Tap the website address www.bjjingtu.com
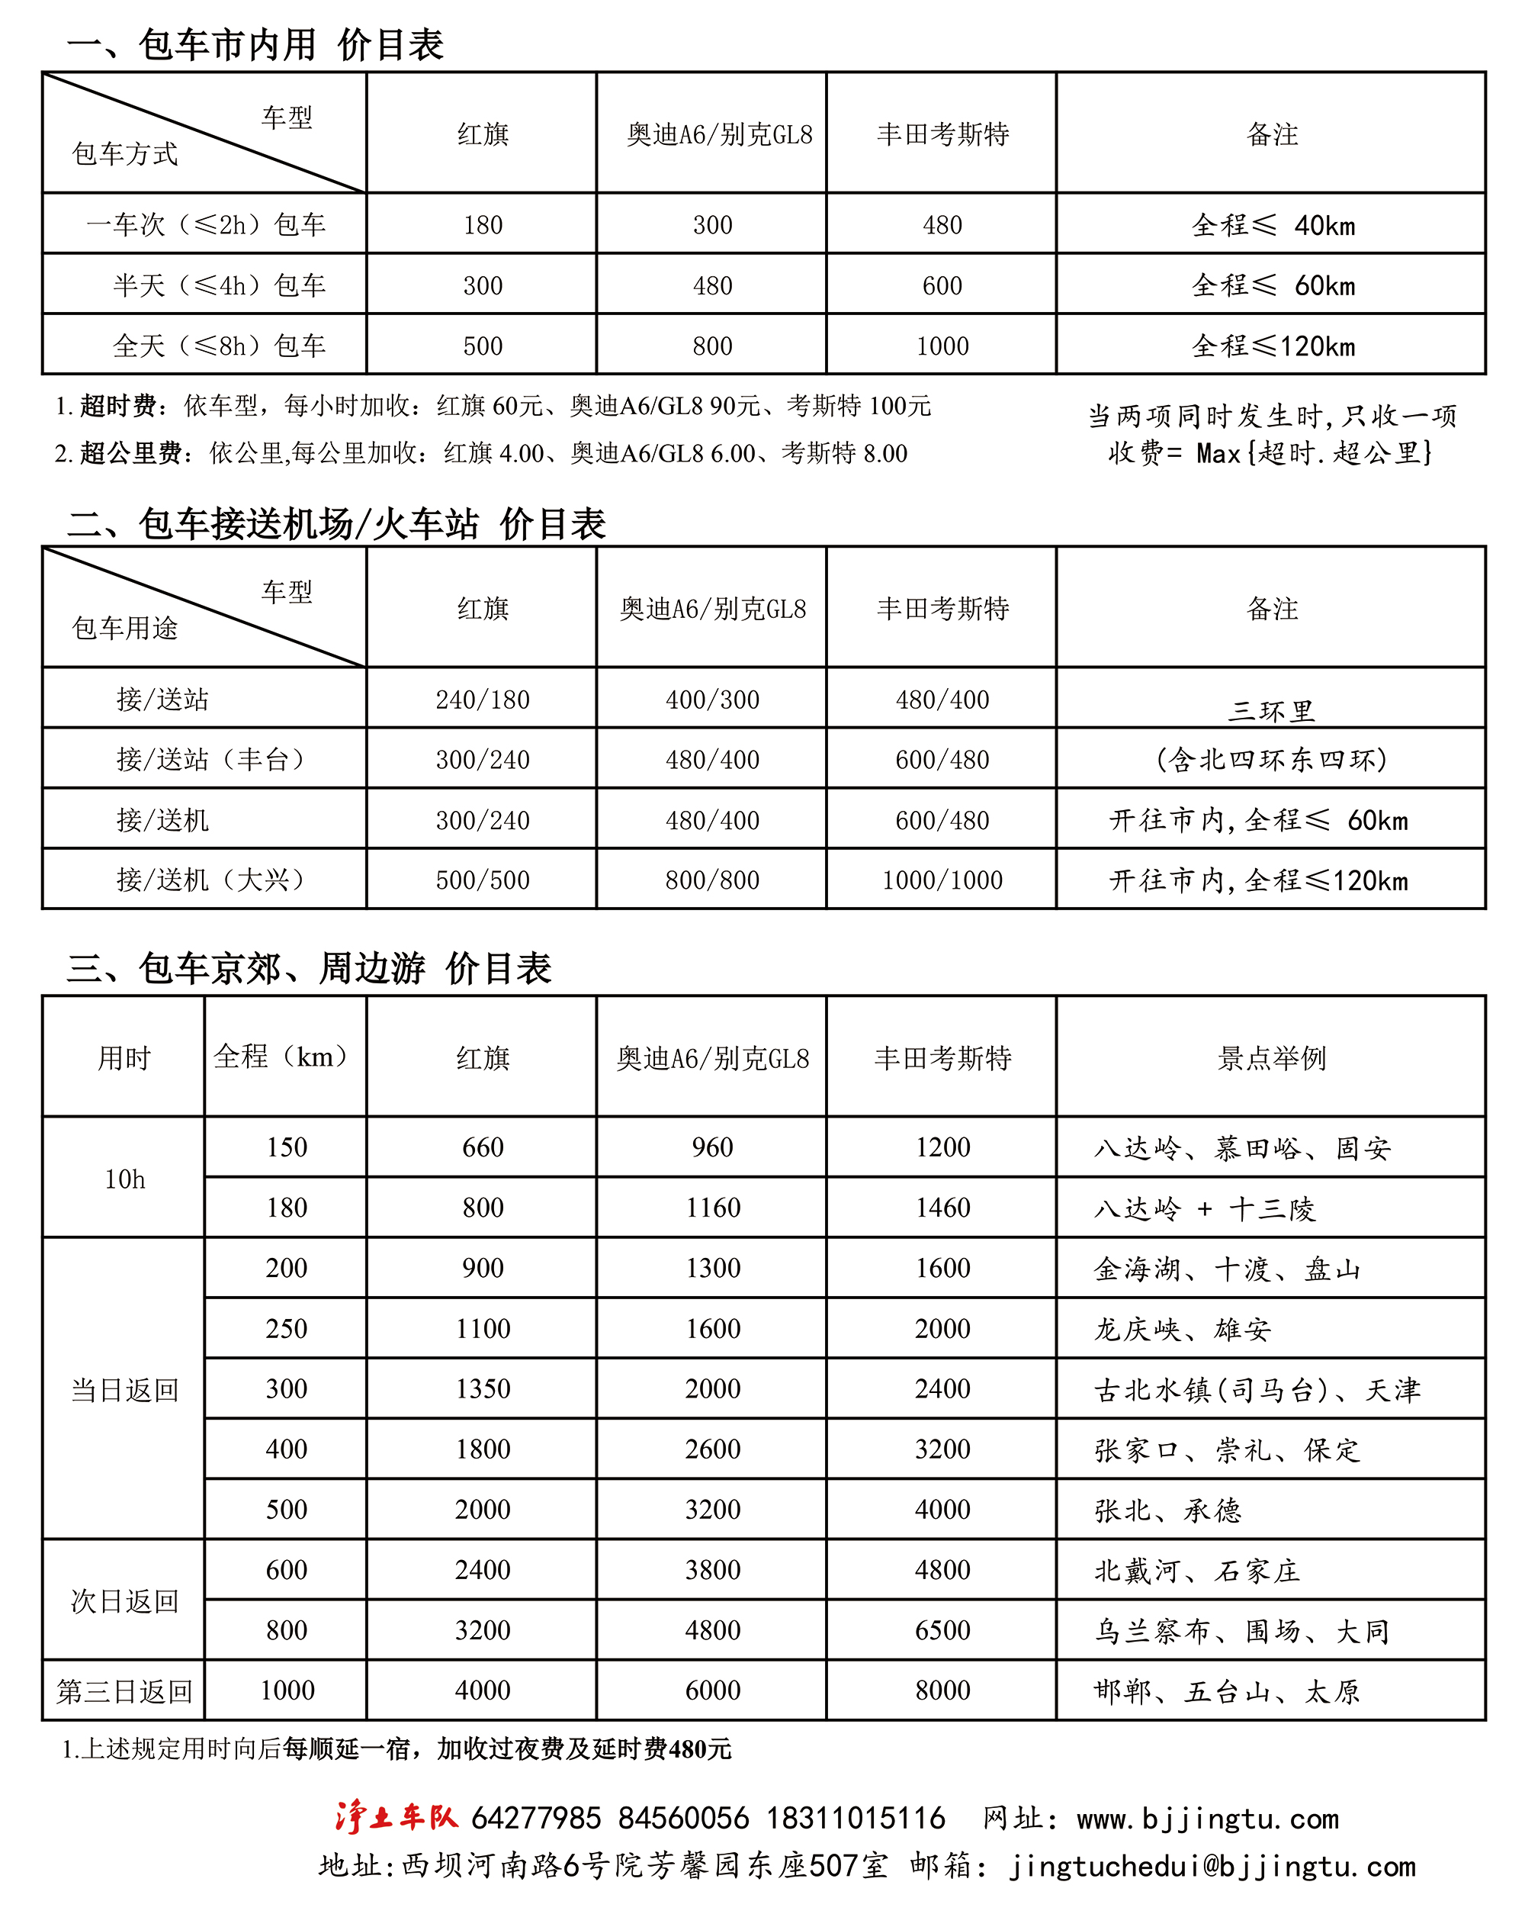click(1207, 1819)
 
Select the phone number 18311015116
click(856, 1819)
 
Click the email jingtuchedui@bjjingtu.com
click(1212, 1867)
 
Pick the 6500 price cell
click(942, 1630)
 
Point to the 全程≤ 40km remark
click(1273, 225)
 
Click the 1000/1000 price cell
click(942, 880)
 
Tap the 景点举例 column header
click(1271, 1058)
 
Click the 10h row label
click(124, 1179)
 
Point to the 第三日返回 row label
click(124, 1690)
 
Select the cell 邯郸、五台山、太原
click(1226, 1691)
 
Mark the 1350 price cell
click(482, 1389)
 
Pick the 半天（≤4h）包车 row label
click(219, 286)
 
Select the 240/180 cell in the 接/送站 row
click(482, 700)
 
